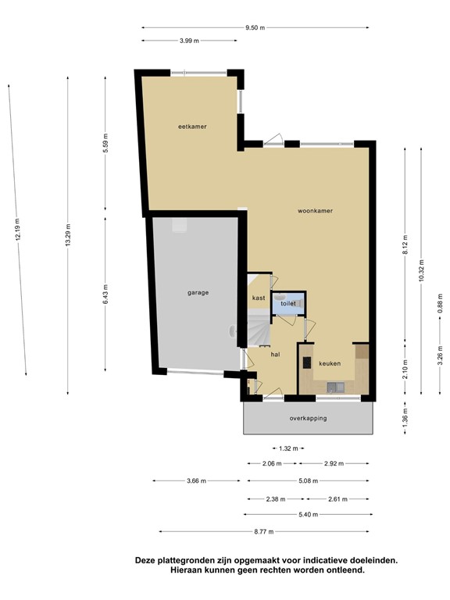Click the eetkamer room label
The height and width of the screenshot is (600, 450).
tap(192, 127)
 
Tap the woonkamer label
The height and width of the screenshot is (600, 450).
tap(315, 211)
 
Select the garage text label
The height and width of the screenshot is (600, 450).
tap(198, 293)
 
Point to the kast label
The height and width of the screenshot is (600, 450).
tap(259, 298)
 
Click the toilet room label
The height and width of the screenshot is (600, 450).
tap(288, 303)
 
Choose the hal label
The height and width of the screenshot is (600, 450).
tap(275, 355)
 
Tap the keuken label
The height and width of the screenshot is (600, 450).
tap(330, 363)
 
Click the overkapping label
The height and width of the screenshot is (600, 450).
tap(308, 418)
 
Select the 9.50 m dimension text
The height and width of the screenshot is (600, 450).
tap(255, 27)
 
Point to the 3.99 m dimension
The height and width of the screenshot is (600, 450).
tap(189, 41)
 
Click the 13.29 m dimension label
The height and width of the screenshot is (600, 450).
tap(68, 234)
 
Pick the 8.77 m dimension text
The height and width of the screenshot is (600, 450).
tap(264, 531)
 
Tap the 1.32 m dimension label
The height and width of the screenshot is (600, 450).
tap(288, 448)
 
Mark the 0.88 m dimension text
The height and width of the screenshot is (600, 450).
tap(440, 303)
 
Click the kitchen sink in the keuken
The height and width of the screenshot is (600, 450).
tap(336, 387)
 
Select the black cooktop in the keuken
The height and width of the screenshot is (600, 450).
tap(307, 362)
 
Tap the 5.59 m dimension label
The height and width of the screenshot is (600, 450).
tap(105, 143)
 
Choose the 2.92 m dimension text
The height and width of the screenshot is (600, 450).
tap(334, 464)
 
